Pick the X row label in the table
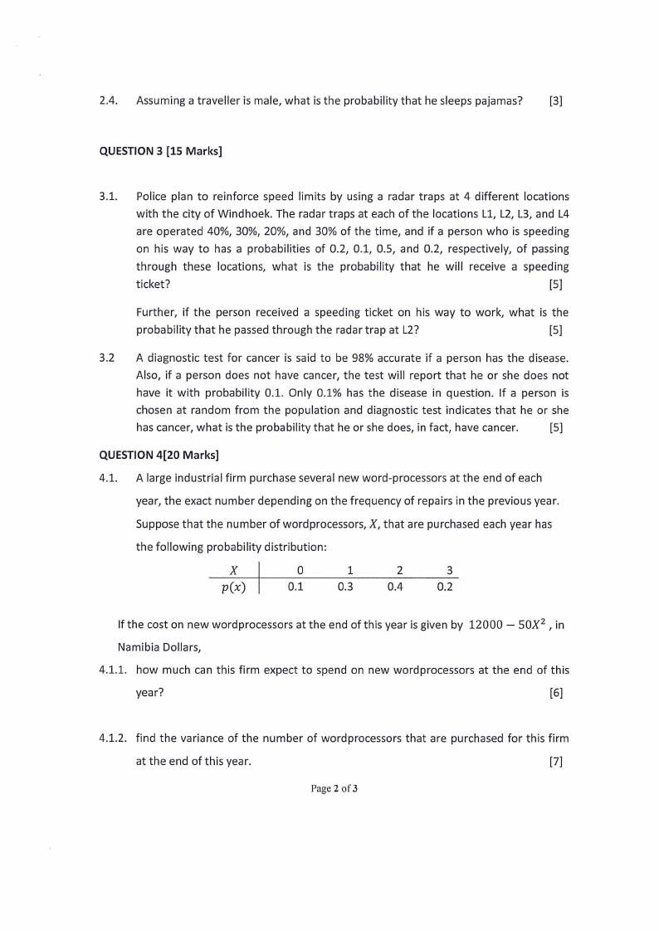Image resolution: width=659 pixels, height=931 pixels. tap(234, 571)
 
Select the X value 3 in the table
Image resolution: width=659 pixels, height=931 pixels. tap(449, 571)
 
